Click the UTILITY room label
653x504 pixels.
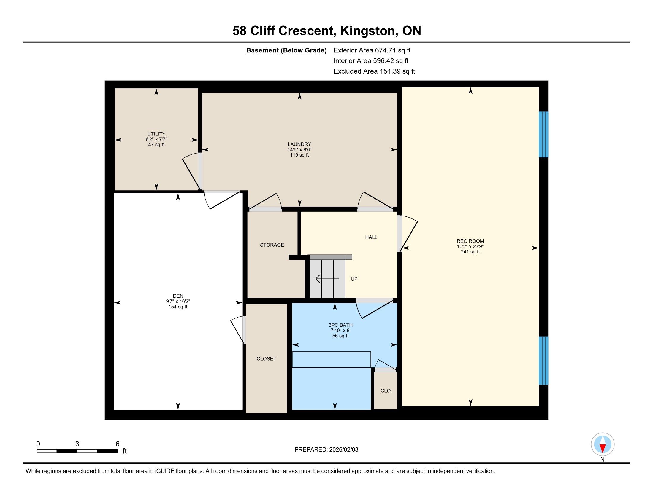click(x=156, y=134)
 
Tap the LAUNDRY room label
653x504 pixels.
click(x=299, y=144)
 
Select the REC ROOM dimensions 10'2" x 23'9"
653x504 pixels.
click(x=470, y=246)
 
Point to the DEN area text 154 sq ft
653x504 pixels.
click(x=178, y=307)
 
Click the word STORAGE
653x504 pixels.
click(x=272, y=245)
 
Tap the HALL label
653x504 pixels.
click(x=371, y=237)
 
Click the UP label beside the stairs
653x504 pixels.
click(x=354, y=279)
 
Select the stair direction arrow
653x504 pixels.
click(x=327, y=279)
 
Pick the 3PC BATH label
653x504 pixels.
click(x=340, y=325)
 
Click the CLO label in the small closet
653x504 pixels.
click(x=386, y=390)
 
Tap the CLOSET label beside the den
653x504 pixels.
click(x=267, y=359)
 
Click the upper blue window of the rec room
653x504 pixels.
click(x=543, y=134)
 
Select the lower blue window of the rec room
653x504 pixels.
click(x=543, y=361)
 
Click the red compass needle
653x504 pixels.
click(x=603, y=448)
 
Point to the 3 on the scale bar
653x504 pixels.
click(x=77, y=444)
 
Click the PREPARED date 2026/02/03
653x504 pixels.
click(x=343, y=449)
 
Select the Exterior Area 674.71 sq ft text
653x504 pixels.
click(x=372, y=50)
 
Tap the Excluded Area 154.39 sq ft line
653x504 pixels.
click(x=374, y=71)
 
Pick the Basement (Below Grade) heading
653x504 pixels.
click(x=286, y=50)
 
